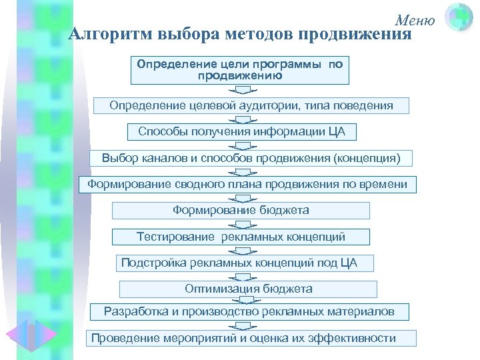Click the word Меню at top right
(x=415, y=20)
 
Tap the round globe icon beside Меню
(x=459, y=18)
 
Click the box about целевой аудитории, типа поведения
(x=251, y=106)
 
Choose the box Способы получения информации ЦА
(x=242, y=131)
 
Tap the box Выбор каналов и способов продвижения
(x=251, y=158)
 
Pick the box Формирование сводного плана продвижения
(x=247, y=184)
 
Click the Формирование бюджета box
(x=241, y=211)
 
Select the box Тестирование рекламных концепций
(x=241, y=237)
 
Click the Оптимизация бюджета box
(x=248, y=289)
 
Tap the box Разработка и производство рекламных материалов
(x=249, y=311)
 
